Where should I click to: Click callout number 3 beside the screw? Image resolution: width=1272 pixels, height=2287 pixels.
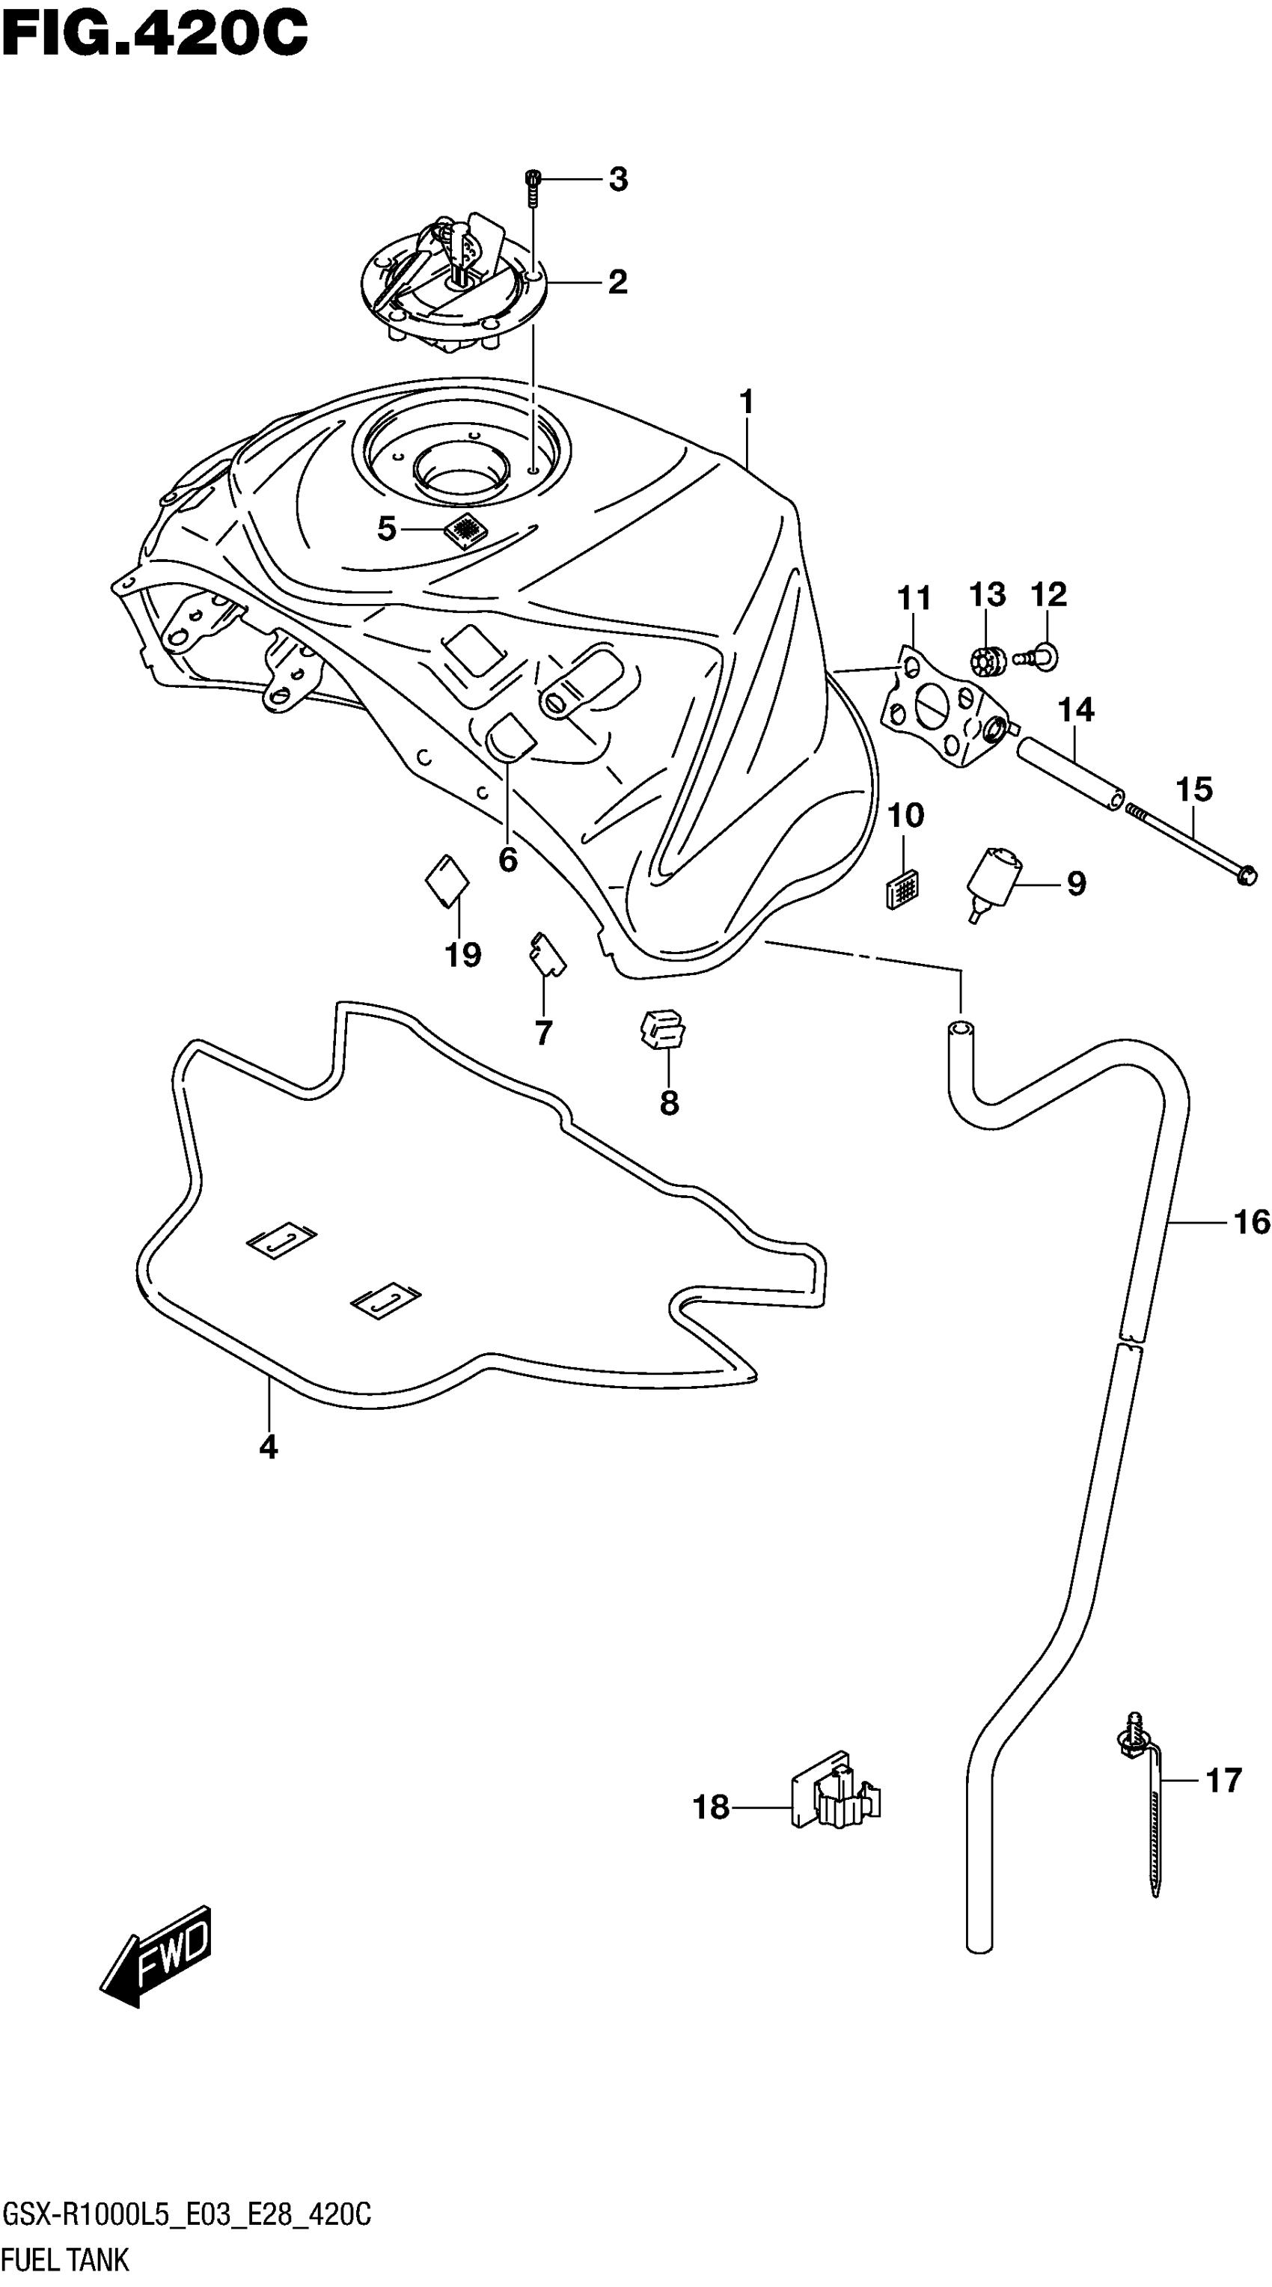(x=618, y=180)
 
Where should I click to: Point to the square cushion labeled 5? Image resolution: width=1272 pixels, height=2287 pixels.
(x=466, y=530)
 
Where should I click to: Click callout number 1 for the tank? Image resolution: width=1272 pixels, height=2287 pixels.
(x=747, y=402)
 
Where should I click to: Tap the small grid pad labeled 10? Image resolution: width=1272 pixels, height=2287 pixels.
(x=902, y=887)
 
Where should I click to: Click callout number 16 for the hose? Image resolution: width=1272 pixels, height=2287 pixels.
(x=1252, y=1223)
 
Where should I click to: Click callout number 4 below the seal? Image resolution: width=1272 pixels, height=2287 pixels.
(x=268, y=1448)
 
